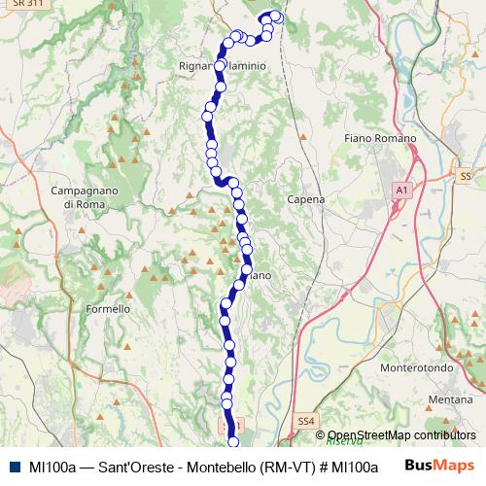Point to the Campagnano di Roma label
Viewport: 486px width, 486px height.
click(x=83, y=197)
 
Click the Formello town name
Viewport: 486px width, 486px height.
click(x=108, y=309)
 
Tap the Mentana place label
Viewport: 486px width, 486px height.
click(x=450, y=399)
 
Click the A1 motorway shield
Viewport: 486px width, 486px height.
click(x=400, y=191)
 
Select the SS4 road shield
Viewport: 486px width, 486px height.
click(x=306, y=421)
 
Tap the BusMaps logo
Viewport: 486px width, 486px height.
click(x=440, y=466)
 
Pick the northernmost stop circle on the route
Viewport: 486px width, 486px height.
click(x=275, y=15)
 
